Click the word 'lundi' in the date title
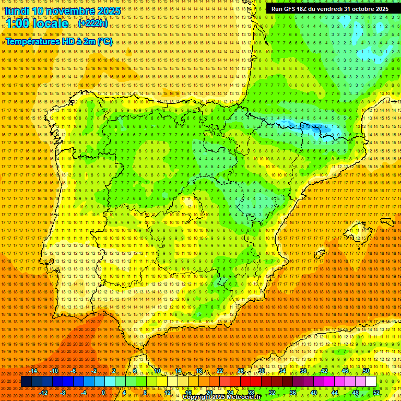(17, 11)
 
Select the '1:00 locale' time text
(37, 24)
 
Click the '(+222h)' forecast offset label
(93, 24)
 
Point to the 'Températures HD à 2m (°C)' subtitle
(59, 41)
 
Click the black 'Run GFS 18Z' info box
(329, 9)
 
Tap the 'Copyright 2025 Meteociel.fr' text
(221, 397)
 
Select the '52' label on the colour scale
(376, 392)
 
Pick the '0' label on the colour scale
(104, 392)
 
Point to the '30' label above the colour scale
(261, 371)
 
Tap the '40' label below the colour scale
(313, 392)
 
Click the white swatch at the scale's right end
(371, 382)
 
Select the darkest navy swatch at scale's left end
(26, 382)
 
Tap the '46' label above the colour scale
(345, 371)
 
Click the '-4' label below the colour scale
(84, 392)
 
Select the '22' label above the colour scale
(219, 371)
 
